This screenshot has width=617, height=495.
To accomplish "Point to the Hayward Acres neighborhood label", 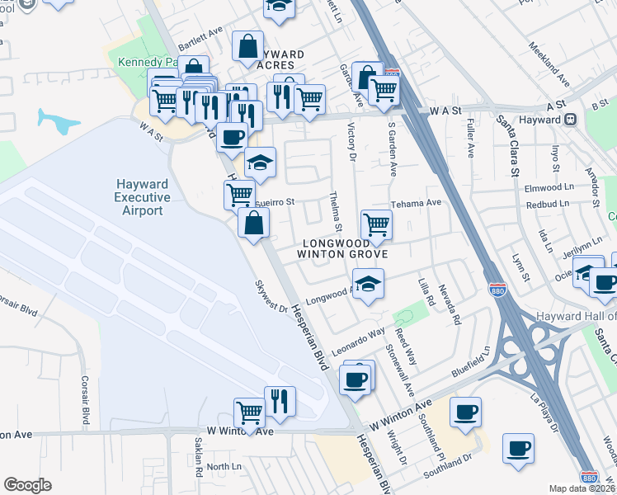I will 280,59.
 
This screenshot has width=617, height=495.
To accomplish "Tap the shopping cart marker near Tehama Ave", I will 376,224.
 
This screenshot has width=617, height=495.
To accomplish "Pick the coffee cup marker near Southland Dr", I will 519,449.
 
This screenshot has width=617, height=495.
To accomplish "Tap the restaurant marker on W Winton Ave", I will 280,402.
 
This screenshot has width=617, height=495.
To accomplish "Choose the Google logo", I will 27,485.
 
